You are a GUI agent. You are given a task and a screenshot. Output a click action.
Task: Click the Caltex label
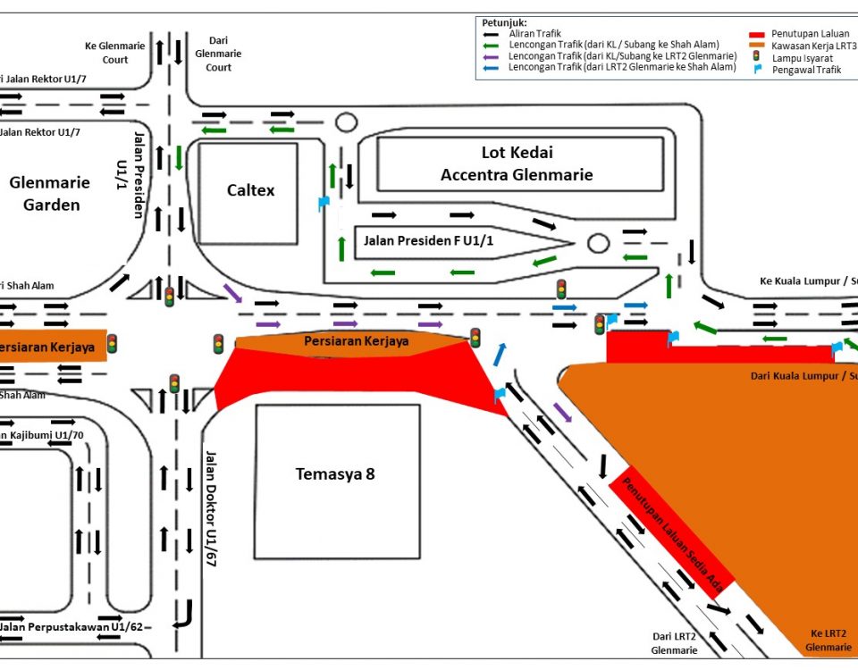click(x=250, y=190)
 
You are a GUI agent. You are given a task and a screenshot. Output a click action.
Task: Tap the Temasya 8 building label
click(x=335, y=473)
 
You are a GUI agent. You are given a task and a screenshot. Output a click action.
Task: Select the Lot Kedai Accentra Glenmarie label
click(x=517, y=163)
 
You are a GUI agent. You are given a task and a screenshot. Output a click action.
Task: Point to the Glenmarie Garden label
click(x=50, y=194)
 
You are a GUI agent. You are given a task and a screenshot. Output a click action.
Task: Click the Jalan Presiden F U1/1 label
click(x=428, y=240)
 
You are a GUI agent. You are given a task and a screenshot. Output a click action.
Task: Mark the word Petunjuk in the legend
click(x=504, y=21)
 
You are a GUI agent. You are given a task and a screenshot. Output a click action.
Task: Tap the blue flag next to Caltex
click(x=324, y=203)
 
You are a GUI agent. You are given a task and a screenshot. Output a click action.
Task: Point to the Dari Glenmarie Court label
click(x=219, y=54)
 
